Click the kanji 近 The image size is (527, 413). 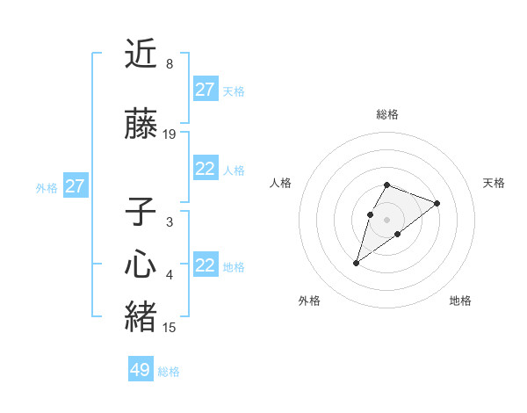141,54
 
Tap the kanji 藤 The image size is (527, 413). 141,126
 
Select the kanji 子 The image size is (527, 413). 141,214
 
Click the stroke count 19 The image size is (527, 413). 170,134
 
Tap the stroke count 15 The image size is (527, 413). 170,328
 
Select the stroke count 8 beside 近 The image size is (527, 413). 169,64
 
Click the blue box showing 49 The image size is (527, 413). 141,370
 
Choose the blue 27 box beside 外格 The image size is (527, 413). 76,186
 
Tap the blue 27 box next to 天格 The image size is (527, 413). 206,90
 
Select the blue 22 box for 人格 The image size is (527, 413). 206,170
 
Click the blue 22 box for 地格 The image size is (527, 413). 206,266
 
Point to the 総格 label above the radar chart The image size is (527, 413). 387,114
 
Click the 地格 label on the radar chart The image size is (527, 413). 460,301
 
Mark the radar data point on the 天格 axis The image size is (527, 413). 437,203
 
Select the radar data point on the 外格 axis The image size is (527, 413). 356,263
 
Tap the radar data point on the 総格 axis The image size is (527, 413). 387,185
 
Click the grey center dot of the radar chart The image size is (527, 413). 387,219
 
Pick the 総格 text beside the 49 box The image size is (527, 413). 169,372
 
